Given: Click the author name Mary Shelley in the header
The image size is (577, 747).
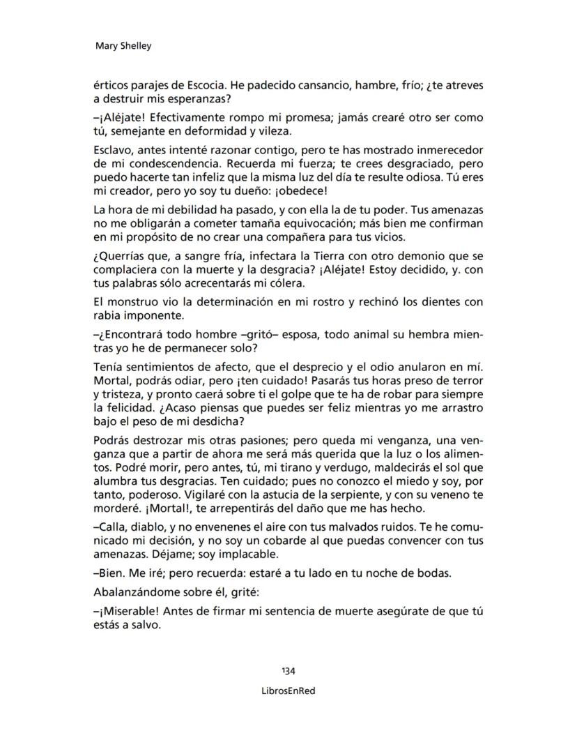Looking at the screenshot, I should tap(123, 46).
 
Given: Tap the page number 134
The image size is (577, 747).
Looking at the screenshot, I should tap(288, 671).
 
